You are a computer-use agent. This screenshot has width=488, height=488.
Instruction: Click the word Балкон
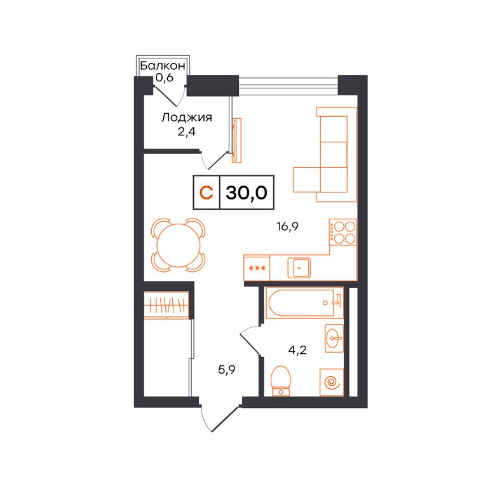[163, 65]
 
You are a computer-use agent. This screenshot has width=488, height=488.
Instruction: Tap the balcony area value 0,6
[165, 78]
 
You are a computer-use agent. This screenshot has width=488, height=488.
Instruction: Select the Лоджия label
[186, 118]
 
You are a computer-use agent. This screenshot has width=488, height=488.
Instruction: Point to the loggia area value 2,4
[186, 132]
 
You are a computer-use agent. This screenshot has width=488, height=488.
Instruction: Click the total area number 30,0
[247, 193]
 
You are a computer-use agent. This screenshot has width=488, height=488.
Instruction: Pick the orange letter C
[206, 193]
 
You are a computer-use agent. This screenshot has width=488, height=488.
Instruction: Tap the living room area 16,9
[288, 227]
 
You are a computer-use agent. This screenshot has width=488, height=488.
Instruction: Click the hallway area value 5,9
[227, 370]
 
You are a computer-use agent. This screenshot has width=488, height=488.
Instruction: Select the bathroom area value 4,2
[297, 351]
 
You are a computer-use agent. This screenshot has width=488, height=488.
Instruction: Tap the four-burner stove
[343, 232]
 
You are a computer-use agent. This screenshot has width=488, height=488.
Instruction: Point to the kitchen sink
[299, 268]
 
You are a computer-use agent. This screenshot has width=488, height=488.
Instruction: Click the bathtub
[304, 303]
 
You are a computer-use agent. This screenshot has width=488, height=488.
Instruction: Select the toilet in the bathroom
[281, 381]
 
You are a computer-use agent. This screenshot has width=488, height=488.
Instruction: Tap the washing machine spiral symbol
[332, 383]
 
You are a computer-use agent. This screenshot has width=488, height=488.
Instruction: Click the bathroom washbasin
[334, 338]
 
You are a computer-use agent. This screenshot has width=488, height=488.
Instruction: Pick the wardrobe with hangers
[166, 305]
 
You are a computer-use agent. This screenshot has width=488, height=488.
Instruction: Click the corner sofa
[325, 154]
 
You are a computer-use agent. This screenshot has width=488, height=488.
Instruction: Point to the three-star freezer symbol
[257, 268]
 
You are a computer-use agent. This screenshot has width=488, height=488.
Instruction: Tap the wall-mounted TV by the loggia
[237, 140]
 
